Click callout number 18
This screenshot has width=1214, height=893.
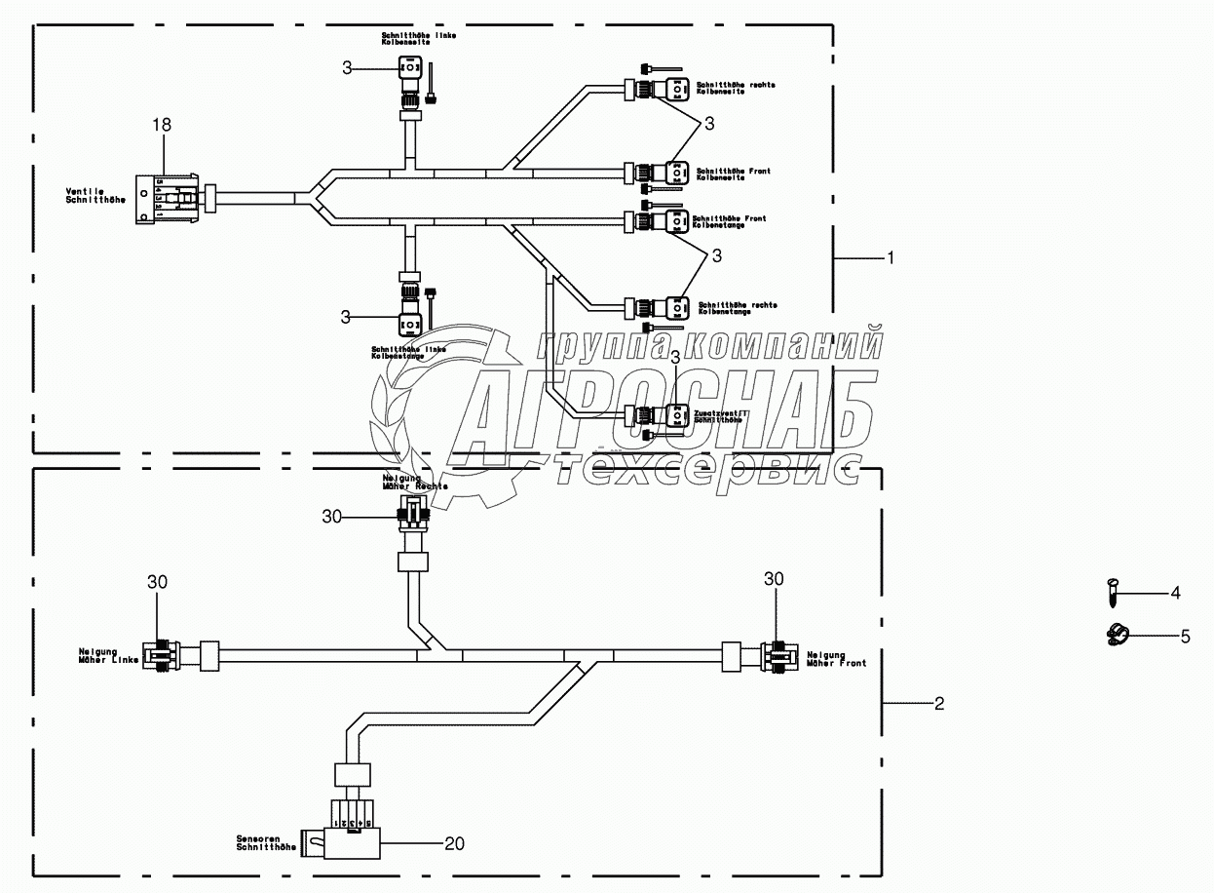coord(162,125)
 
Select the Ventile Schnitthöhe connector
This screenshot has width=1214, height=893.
coord(167,198)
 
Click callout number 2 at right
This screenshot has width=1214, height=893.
coord(938,703)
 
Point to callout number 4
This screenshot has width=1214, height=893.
coord(1175,592)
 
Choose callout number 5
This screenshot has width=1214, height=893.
coord(1185,637)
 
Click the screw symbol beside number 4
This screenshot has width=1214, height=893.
coord(1113,591)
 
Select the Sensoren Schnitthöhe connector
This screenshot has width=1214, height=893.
coord(346,836)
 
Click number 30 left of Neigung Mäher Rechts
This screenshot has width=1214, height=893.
coord(332,516)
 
